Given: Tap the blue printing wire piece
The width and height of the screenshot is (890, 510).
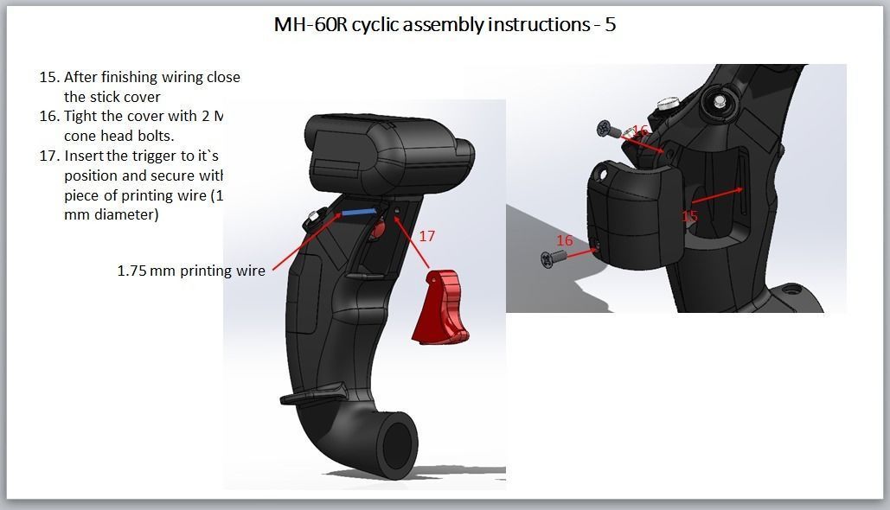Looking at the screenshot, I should (x=357, y=210).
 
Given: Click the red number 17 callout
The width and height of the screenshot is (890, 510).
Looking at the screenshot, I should (x=426, y=235).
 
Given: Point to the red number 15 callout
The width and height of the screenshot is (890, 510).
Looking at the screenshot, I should (x=688, y=216).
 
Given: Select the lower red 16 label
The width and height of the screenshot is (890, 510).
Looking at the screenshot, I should (x=564, y=240).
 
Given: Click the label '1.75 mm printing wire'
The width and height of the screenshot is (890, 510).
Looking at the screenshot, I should (x=191, y=271).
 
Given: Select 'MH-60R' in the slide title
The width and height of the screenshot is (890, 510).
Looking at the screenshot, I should (x=309, y=24).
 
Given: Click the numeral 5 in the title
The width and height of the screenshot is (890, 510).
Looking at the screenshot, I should (x=611, y=24).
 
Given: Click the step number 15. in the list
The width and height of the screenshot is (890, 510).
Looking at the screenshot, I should (x=49, y=77).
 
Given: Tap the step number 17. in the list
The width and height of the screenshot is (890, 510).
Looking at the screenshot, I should (x=49, y=156).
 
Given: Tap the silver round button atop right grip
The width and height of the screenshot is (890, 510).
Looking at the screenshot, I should (x=666, y=103).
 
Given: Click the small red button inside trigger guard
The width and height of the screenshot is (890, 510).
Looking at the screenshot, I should (x=377, y=232).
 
